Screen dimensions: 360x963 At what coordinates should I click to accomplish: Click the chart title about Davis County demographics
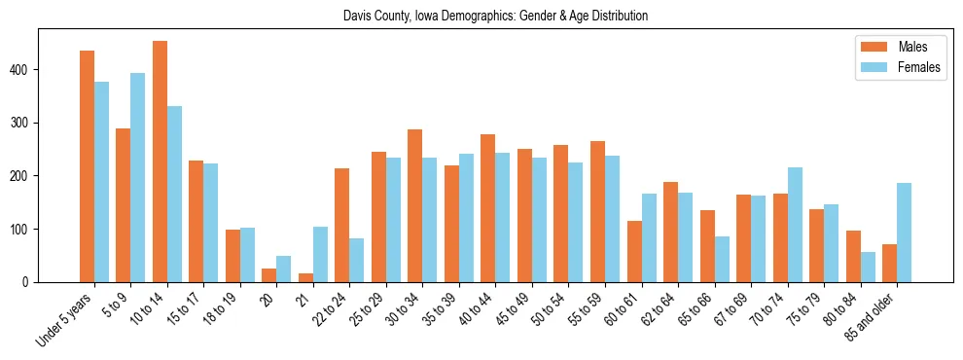tap(495, 17)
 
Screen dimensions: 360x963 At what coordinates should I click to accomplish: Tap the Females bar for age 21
tap(320, 254)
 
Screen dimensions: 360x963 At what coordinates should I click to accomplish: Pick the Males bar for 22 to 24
tap(342, 225)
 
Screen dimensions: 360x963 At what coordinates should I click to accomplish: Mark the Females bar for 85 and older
tap(904, 233)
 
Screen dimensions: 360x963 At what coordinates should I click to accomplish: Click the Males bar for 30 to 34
tap(415, 205)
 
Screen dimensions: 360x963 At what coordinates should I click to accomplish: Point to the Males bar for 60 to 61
tap(634, 251)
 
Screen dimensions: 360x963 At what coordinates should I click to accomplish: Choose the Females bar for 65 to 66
tap(722, 259)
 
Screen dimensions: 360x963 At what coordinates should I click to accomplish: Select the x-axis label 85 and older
tap(871, 315)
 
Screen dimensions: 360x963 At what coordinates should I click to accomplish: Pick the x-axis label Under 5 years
tap(65, 317)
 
